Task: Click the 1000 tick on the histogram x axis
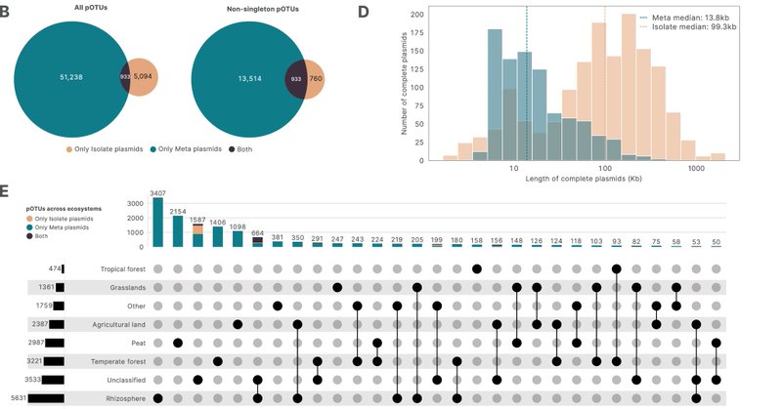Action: [x=696, y=169]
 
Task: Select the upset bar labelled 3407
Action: [x=158, y=224]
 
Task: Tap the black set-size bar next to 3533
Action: [x=53, y=380]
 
